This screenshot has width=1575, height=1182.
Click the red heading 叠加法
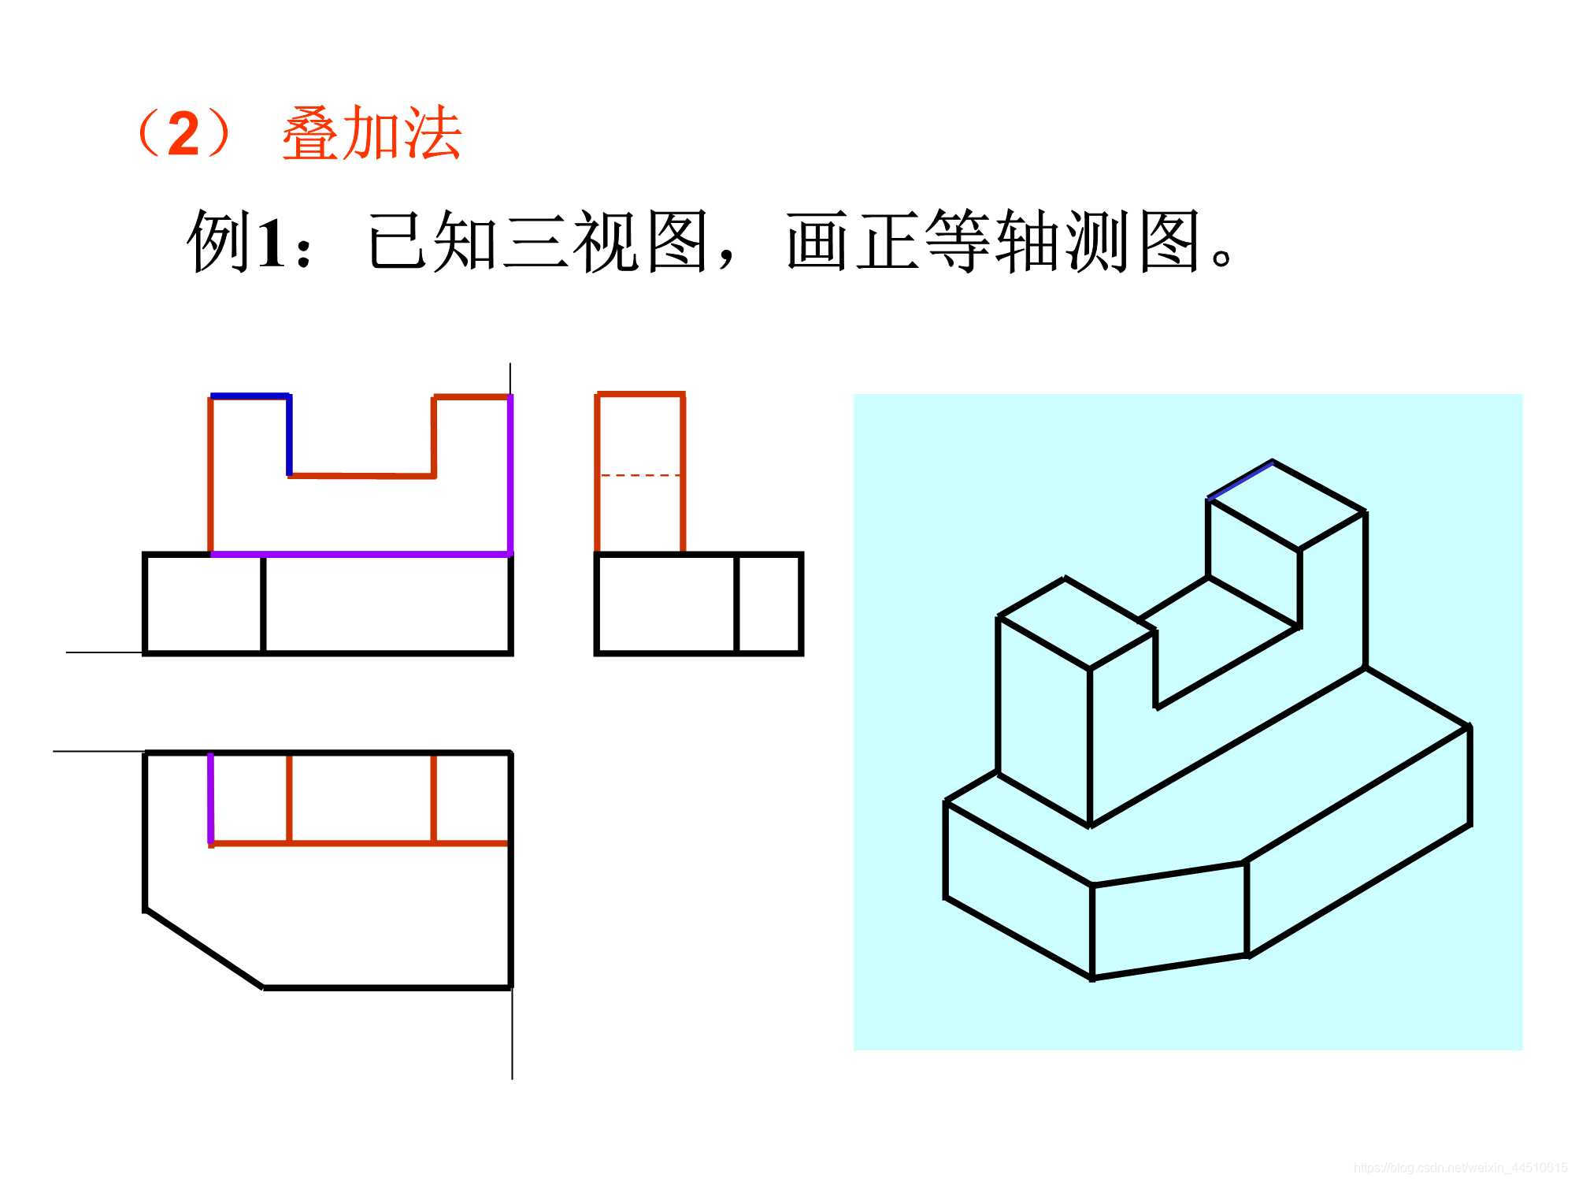point(372,134)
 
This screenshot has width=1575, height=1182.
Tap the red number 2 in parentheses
point(183,134)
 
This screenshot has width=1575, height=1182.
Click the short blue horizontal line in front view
point(250,396)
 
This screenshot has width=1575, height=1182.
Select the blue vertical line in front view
point(289,436)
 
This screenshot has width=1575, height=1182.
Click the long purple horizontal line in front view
point(361,554)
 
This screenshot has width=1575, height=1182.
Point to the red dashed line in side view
point(639,475)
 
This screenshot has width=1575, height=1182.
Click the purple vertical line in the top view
point(211,797)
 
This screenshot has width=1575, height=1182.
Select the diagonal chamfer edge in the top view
point(204,948)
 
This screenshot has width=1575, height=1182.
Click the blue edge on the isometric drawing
point(1240,480)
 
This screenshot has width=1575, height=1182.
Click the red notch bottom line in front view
point(362,476)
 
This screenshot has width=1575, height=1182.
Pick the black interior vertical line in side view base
point(736,604)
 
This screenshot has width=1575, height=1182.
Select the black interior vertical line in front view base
point(263,604)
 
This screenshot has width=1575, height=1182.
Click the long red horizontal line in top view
point(361,844)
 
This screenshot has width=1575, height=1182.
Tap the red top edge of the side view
point(640,393)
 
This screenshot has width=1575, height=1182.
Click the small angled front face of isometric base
point(1169,920)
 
